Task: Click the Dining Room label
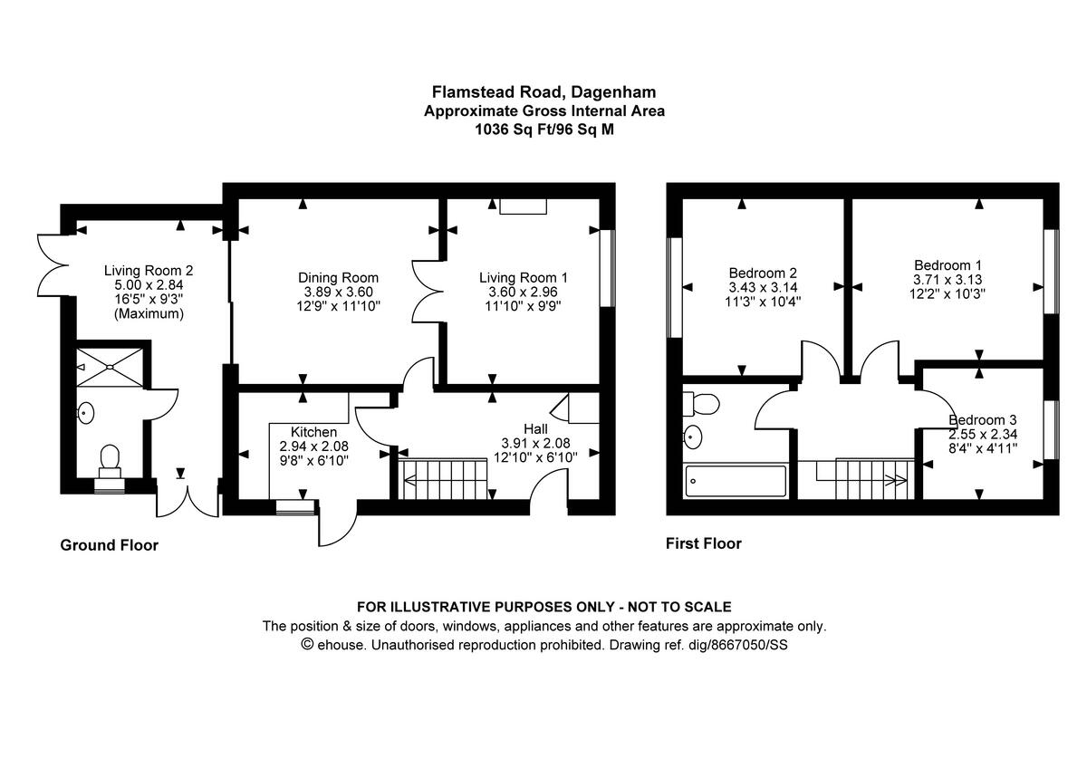(338, 278)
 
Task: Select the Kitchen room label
(313, 432)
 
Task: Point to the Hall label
(535, 427)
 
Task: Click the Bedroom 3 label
(983, 420)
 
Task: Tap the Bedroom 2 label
(763, 273)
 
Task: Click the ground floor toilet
(111, 459)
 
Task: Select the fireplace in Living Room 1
(523, 206)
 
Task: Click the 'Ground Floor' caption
(109, 545)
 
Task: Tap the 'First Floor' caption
(703, 543)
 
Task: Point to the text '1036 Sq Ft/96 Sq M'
(543, 130)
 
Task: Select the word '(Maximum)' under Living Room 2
(149, 314)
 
